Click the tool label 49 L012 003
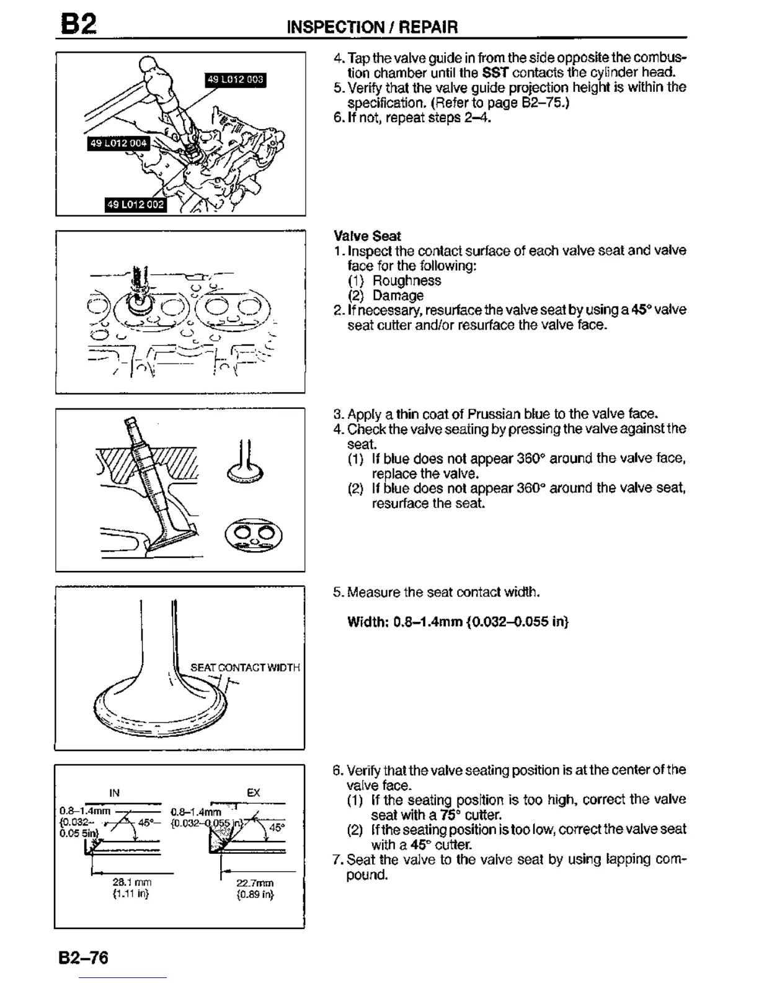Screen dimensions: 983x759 (235, 79)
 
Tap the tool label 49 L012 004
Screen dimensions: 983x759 (118, 143)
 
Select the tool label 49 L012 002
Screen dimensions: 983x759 (136, 204)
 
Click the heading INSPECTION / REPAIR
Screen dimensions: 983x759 (372, 27)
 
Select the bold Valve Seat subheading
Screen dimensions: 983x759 (367, 236)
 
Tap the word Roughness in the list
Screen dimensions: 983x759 (407, 281)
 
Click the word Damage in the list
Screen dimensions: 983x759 (398, 295)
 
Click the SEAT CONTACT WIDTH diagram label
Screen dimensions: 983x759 (245, 668)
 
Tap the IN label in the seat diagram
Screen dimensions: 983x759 (114, 792)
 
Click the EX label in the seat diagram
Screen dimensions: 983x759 (254, 792)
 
